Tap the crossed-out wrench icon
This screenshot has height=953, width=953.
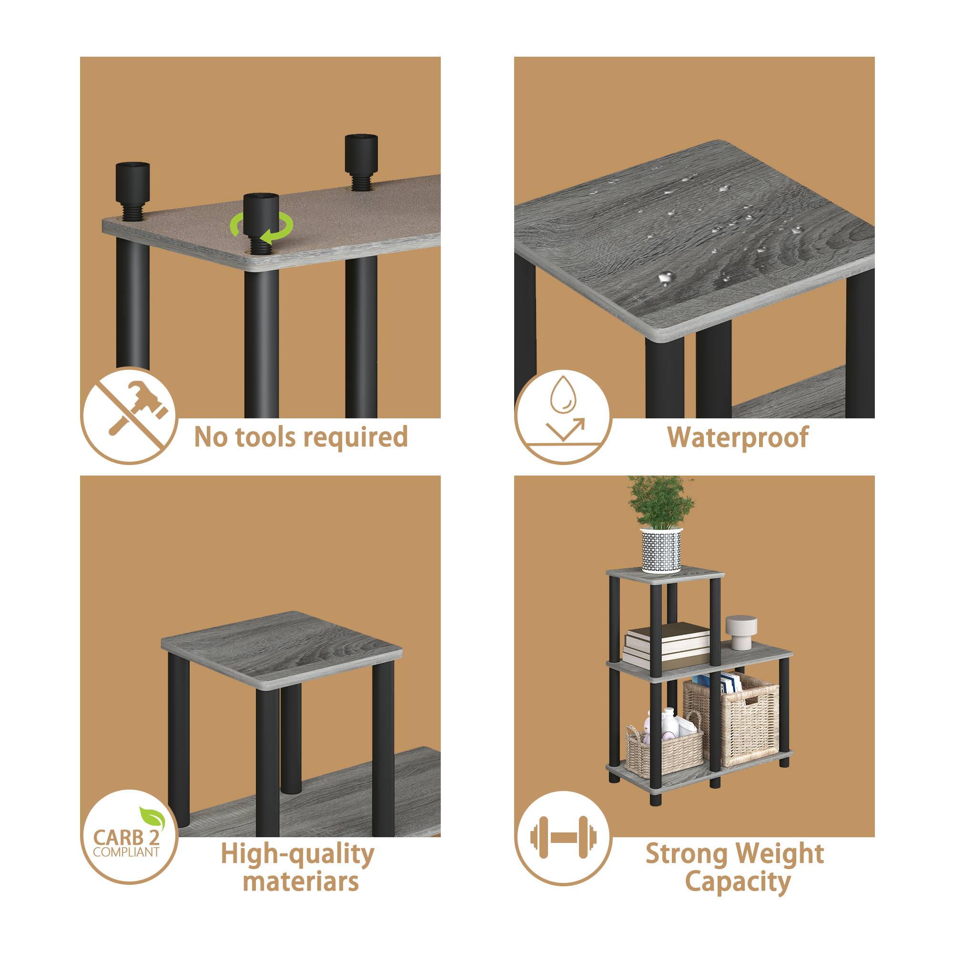(x=129, y=416)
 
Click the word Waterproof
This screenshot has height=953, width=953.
(x=738, y=437)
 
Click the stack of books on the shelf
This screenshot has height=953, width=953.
(x=666, y=644)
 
